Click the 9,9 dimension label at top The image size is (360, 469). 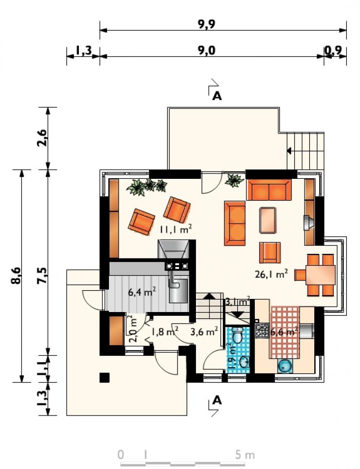pyautogui.click(x=206, y=24)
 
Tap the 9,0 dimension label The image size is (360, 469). pyautogui.click(x=206, y=50)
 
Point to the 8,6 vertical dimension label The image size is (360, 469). pyautogui.click(x=16, y=275)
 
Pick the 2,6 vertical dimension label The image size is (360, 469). pyautogui.click(x=42, y=137)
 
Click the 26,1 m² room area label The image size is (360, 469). pyautogui.click(x=271, y=274)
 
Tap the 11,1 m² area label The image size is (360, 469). pyautogui.click(x=176, y=229)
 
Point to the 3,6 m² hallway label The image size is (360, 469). pyautogui.click(x=204, y=331)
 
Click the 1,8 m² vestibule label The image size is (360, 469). pyautogui.click(x=165, y=331)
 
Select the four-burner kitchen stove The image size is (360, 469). pyautogui.click(x=262, y=330)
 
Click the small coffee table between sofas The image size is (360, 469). pyautogui.click(x=268, y=221)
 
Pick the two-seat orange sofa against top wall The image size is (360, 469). pyautogui.click(x=269, y=190)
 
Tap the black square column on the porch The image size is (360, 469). pyautogui.click(x=105, y=378)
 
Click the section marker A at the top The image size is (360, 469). pyautogui.click(x=217, y=96)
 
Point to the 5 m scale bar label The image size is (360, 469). pyautogui.click(x=245, y=455)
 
